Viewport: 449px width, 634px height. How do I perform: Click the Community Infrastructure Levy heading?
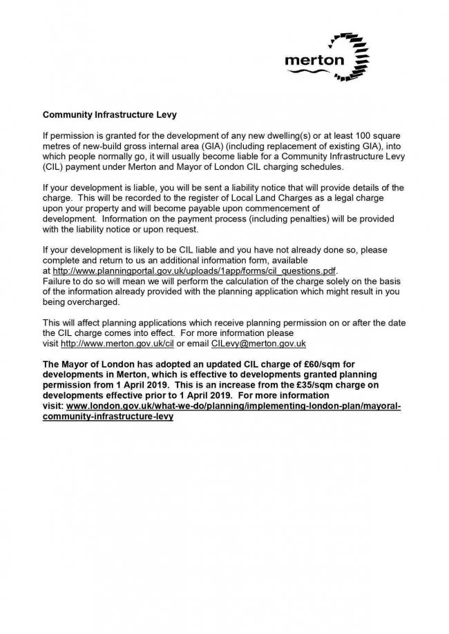click(106, 110)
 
